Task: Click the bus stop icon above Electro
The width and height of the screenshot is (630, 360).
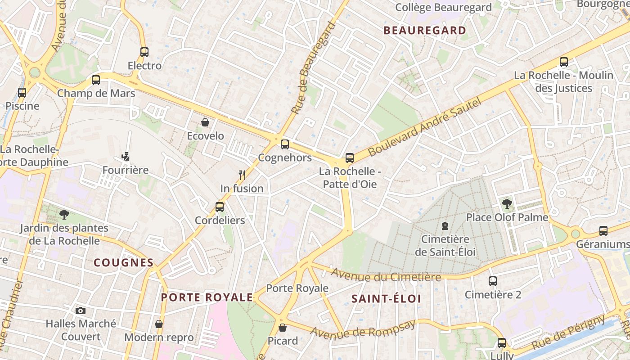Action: pos(144,52)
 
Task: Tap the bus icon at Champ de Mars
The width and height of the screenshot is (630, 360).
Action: pos(95,80)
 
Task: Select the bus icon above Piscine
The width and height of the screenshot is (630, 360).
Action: pos(22,93)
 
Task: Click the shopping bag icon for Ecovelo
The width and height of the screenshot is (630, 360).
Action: pos(205,122)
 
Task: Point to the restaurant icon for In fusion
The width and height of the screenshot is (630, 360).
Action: pos(242,175)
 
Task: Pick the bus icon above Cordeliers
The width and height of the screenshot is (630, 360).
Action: pos(220,207)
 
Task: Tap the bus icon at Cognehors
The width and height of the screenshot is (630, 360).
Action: pos(284,144)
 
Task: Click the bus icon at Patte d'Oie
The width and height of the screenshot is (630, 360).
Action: pos(350,158)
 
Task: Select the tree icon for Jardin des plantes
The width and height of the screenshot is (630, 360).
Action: pos(64,215)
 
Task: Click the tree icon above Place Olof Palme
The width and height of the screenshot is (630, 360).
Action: pos(507,204)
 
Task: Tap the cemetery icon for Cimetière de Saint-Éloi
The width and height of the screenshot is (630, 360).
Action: pos(445,225)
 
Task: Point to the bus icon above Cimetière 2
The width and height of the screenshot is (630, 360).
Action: pos(493,281)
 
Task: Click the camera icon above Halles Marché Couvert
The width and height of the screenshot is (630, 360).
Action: pos(81,310)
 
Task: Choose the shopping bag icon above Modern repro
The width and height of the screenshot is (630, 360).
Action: pos(159,324)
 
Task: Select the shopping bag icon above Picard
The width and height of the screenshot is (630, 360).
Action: pos(283,328)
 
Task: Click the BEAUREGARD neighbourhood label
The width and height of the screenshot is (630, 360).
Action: pos(424,31)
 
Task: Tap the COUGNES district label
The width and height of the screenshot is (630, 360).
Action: pos(123,263)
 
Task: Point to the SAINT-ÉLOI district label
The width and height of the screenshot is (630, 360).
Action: pos(386,299)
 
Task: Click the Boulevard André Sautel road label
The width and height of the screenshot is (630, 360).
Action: pos(425,127)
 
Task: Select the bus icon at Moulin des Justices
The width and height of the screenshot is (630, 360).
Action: pos(564,62)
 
